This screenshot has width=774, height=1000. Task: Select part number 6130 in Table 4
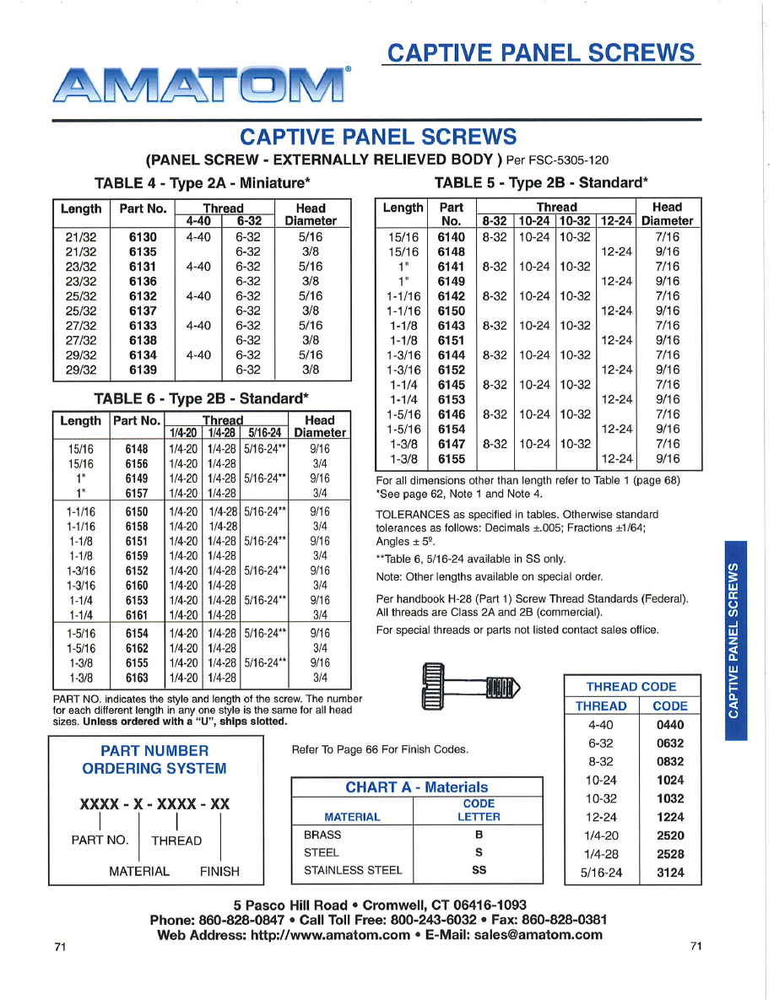143,237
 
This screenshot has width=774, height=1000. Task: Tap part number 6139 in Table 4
143,370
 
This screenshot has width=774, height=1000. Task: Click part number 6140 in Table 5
452,237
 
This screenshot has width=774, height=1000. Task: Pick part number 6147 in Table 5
452,444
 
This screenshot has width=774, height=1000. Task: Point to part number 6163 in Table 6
137,677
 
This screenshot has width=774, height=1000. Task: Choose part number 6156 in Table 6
137,463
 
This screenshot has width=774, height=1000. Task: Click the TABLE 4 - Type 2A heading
203,182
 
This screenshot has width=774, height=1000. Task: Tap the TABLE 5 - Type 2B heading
541,181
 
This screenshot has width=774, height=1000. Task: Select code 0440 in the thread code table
669,724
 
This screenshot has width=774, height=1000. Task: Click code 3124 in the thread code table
669,873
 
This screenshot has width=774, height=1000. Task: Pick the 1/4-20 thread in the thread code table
600,835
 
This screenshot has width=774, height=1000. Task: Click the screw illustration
469,685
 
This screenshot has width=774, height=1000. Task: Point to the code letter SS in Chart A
479,870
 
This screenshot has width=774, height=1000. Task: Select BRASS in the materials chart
322,835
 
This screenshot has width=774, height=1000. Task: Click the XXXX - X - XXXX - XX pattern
154,804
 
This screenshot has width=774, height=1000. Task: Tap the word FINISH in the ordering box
219,871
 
